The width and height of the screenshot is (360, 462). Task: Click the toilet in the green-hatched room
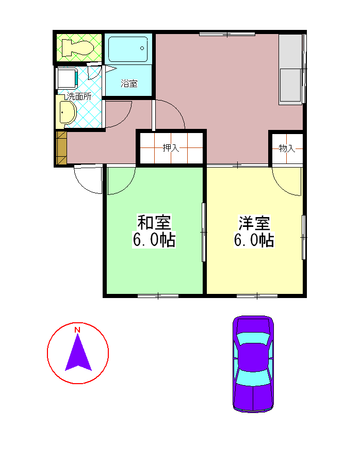click(x=77, y=47)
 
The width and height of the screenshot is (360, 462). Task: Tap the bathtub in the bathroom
click(x=128, y=49)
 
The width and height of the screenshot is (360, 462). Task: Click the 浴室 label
click(x=129, y=84)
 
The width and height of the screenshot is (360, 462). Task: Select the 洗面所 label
click(x=79, y=96)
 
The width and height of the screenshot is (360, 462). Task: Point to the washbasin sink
click(x=67, y=112)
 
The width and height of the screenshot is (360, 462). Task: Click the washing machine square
click(x=68, y=78)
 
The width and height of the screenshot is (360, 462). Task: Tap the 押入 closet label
click(x=171, y=147)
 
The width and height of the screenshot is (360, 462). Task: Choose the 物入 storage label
click(x=287, y=148)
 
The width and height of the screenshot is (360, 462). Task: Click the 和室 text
click(x=154, y=222)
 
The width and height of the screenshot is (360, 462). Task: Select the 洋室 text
click(x=254, y=223)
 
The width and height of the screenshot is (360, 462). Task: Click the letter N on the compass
click(x=77, y=329)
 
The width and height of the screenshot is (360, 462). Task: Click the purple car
click(x=253, y=364)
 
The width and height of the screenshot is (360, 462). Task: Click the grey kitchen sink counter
click(x=291, y=69)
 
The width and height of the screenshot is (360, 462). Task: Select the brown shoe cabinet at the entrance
click(x=61, y=147)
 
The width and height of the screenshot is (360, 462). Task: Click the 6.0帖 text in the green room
click(x=154, y=240)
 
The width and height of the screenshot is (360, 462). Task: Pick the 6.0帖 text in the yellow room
click(x=254, y=240)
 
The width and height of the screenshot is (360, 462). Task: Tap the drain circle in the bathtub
click(x=142, y=48)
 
